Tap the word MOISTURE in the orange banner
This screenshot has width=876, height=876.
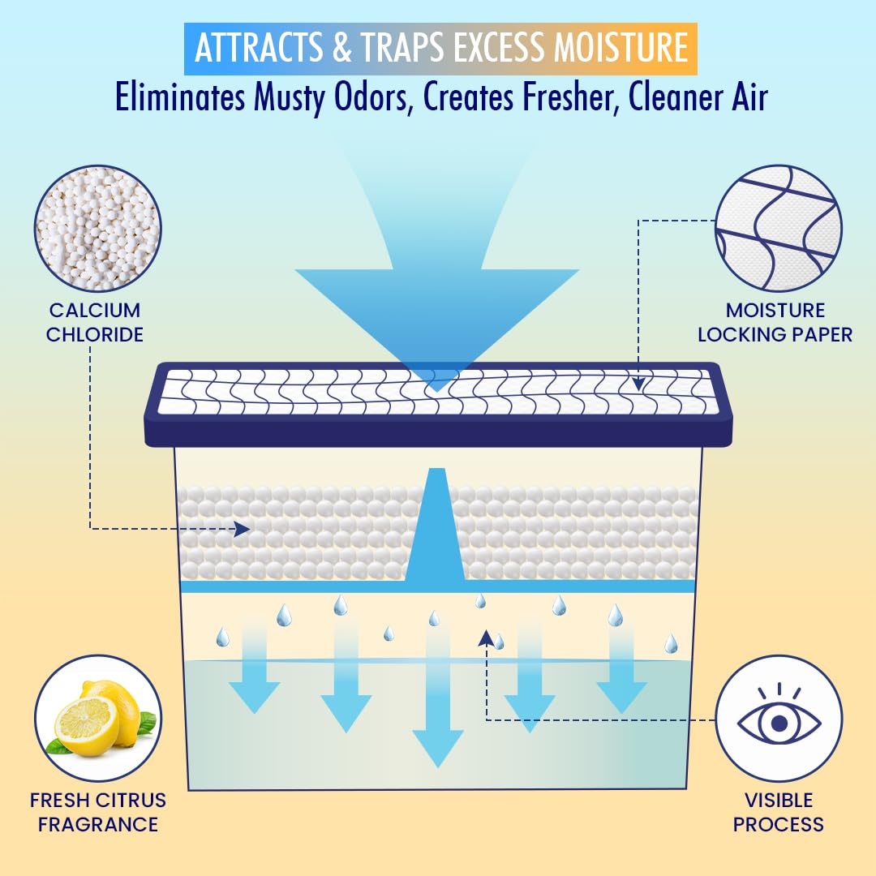tap(620, 49)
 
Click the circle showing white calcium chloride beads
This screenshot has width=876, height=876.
tap(98, 229)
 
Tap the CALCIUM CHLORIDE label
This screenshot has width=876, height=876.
tap(95, 322)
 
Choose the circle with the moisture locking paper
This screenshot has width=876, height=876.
tap(778, 229)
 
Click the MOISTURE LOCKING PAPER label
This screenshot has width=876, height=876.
tap(775, 322)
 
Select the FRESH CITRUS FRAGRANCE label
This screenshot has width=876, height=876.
tap(97, 812)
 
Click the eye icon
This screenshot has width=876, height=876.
tap(779, 719)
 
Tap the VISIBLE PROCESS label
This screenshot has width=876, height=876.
tap(779, 812)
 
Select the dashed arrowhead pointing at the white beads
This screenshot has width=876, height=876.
tap(243, 530)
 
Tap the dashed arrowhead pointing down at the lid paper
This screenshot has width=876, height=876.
tap(639, 384)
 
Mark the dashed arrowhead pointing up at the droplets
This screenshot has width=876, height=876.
tap(487, 638)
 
